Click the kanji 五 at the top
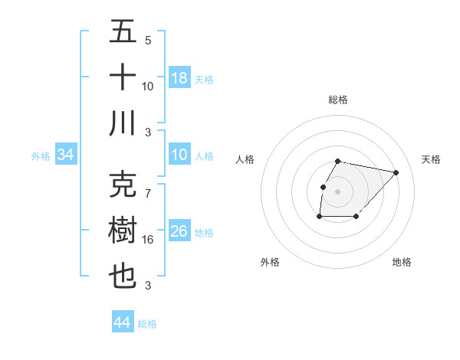click(123, 33)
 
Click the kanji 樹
click(123, 231)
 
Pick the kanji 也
click(123, 277)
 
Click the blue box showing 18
click(179, 78)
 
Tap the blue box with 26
click(179, 231)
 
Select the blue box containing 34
click(65, 155)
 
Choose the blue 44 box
click(122, 322)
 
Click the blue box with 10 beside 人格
click(179, 155)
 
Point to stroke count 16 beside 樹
click(148, 240)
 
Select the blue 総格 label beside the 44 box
click(147, 324)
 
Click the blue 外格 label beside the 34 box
click(41, 156)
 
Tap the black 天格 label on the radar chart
click(432, 159)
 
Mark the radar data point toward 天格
click(396, 172)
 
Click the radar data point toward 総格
click(338, 161)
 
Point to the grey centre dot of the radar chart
click(338, 191)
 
